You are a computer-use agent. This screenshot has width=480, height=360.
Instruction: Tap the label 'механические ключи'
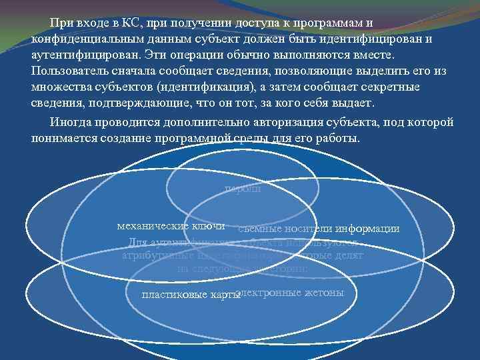point(171,227)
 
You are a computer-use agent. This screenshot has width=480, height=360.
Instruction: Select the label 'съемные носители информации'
point(318,229)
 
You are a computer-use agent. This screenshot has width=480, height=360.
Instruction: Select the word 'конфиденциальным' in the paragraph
point(81,39)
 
